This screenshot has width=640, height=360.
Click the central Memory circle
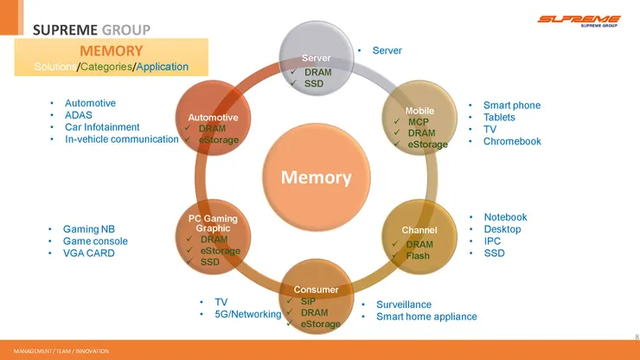coord(316,178)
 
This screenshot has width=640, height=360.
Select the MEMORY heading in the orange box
coord(111,51)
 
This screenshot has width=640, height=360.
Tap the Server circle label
coord(316,57)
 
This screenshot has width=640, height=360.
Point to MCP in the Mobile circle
coord(419,122)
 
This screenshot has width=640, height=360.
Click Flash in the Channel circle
coord(418,256)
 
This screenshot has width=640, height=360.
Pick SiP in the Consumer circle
coord(308,301)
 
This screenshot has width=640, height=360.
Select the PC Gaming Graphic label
coord(213,223)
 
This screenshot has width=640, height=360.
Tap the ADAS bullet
coord(79,115)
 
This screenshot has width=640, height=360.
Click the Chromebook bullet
coord(512,141)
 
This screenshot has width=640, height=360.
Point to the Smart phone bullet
coord(512,105)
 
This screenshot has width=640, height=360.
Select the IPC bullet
coord(492,241)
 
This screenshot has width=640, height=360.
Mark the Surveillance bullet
coord(404,305)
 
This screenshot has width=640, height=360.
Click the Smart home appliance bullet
coord(426,317)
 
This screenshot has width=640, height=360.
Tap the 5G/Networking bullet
coord(248,314)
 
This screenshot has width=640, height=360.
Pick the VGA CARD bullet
coord(88,254)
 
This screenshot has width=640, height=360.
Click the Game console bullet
coord(95,241)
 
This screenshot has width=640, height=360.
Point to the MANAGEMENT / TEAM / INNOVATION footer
coord(55,351)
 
